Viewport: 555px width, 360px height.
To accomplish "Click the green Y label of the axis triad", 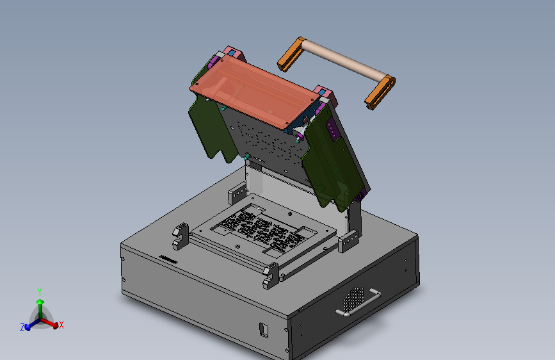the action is coord(40,292).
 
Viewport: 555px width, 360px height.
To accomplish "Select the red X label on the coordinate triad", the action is coord(61,325).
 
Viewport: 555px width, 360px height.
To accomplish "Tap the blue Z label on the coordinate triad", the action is coord(22,327).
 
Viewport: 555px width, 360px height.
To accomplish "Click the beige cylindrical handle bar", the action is coord(344,59).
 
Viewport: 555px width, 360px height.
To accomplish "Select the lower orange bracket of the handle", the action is coord(380,92).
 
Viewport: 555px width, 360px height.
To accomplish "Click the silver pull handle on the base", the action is coord(358,302).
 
